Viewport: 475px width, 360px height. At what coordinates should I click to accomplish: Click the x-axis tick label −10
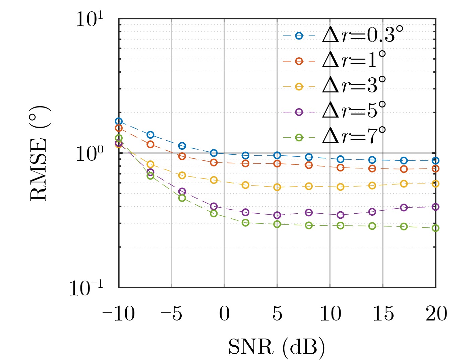[x=119, y=314]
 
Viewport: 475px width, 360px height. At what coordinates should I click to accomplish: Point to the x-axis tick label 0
[x=224, y=314]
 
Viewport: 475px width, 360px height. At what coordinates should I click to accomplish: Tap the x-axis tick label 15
[x=383, y=314]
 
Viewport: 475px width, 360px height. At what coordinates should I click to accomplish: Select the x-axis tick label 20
[x=436, y=314]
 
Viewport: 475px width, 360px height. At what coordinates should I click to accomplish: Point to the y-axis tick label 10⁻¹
[x=86, y=288]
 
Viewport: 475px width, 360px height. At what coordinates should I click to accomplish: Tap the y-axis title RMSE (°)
[x=40, y=153]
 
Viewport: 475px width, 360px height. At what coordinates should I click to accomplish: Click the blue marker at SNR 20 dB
[x=435, y=161]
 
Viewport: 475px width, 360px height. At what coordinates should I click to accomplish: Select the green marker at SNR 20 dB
[x=435, y=228]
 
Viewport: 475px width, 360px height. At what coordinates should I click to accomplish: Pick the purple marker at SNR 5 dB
[x=277, y=215]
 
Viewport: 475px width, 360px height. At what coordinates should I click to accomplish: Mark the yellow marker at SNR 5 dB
[x=277, y=187]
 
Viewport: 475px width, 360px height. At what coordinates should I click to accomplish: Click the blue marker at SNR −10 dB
[x=119, y=121]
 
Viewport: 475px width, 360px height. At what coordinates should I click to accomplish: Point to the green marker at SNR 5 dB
[x=277, y=224]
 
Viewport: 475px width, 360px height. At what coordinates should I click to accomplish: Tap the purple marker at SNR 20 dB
[x=435, y=207]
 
